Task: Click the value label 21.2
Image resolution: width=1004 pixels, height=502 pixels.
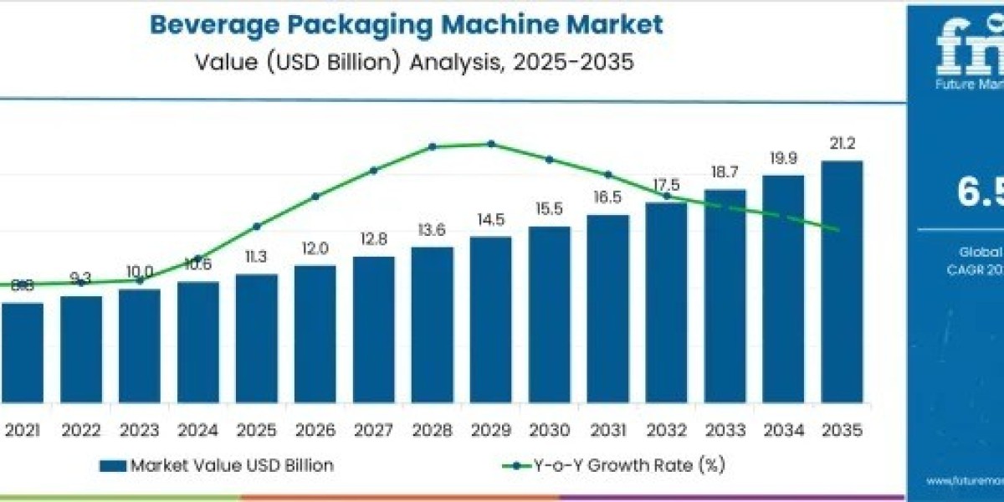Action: [x=841, y=144]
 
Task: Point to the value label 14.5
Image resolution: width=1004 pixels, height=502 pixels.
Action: [x=490, y=220]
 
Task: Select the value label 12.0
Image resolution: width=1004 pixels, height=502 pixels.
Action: [x=315, y=248]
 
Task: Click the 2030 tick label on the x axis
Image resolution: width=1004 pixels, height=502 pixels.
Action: [x=549, y=429]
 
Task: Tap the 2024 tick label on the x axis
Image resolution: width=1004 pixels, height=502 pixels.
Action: [x=197, y=429]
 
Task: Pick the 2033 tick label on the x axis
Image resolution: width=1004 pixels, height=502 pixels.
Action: [x=725, y=429]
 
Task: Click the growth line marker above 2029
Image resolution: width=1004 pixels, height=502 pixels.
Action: [x=491, y=144]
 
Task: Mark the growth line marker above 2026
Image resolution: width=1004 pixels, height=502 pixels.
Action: [x=315, y=197]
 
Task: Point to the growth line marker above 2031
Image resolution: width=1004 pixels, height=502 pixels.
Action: [x=608, y=175]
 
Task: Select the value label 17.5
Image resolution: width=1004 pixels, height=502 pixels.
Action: [x=666, y=185]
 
